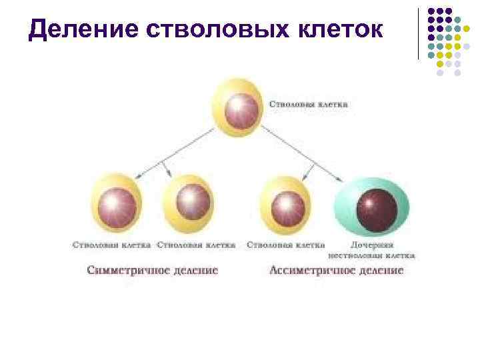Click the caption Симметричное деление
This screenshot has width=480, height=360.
[x=152, y=271]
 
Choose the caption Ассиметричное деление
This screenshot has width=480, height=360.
[x=337, y=271]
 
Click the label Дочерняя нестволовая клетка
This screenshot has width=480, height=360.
[x=371, y=249]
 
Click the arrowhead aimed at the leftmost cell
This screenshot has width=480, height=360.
[x=138, y=176]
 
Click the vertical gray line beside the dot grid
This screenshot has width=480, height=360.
[x=419, y=33]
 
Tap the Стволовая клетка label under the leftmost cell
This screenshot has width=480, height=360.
[x=111, y=245]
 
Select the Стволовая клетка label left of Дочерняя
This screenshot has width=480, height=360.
[x=285, y=245]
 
